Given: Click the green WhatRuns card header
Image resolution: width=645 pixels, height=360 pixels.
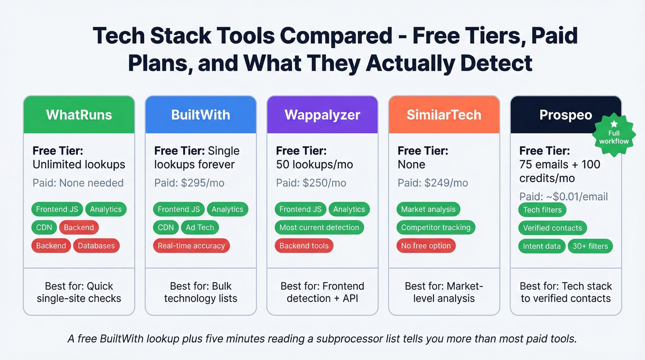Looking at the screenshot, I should pos(79,115).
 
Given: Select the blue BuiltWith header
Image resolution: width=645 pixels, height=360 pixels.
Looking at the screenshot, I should pos(200,115).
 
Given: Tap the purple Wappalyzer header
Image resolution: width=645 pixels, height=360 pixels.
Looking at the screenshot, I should pos(322,115).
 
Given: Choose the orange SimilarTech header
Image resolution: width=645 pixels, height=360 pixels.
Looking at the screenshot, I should pos(444,115).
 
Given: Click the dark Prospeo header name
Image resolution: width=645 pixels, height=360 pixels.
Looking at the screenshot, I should pos(565,115).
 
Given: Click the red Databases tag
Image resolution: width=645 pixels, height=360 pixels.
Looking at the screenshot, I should pos(96,246).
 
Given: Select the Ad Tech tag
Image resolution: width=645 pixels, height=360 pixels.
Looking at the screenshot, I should pos(199,227).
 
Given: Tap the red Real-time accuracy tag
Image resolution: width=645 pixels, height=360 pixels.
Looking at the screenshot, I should pos(191,246).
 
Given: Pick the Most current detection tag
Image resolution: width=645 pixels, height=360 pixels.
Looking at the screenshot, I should pos(319,227).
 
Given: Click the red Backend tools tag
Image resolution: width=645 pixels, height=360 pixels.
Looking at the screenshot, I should pos(304,246).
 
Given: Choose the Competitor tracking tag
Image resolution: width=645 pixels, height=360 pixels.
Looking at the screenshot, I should pos(435,227).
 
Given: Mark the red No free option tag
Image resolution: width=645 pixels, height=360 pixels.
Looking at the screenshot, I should pos(426,246).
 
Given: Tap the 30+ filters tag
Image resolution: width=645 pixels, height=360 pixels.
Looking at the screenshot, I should pos(590,246).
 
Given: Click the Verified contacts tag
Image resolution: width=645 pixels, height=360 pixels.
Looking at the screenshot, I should pos(552,228).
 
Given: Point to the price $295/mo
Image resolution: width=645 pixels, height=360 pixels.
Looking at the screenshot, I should pos(203,183).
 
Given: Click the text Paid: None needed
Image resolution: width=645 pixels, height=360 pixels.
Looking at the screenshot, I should pos(78,183).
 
